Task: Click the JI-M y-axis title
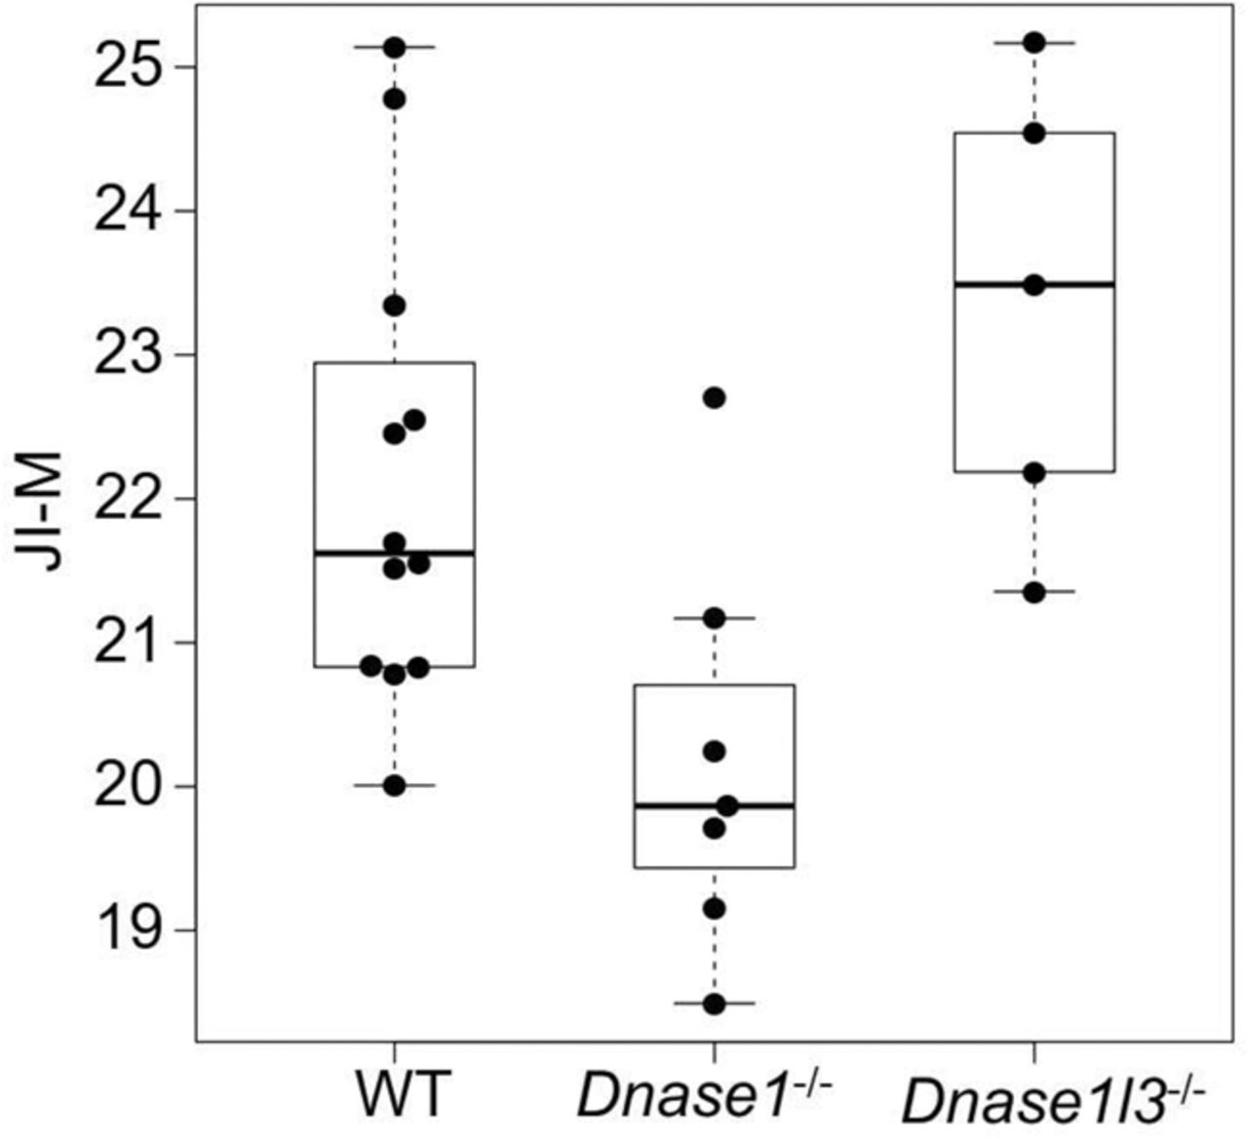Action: tap(43, 511)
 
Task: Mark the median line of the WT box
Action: tap(394, 553)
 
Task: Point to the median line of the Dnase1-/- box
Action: tap(714, 805)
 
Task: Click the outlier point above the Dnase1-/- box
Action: tap(714, 397)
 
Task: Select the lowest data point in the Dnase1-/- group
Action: tap(714, 1003)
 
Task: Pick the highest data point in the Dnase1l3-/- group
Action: tap(1034, 42)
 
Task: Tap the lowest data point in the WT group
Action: tap(394, 785)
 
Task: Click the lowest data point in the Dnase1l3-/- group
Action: tap(1034, 592)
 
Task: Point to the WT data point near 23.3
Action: tap(394, 305)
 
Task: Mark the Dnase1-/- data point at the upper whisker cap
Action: tap(714, 617)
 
